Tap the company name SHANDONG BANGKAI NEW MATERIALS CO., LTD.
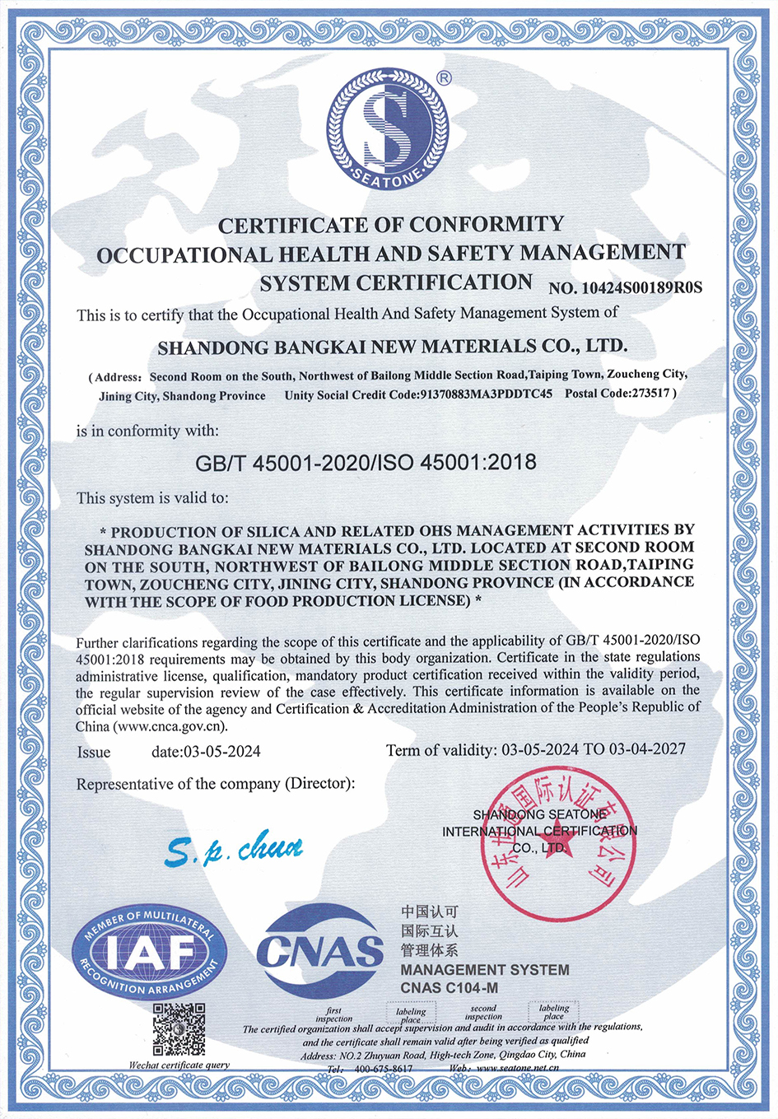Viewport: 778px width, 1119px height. click(x=392, y=346)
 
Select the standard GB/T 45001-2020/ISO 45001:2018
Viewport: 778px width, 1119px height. click(x=366, y=463)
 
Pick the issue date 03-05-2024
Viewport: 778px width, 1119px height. click(x=222, y=751)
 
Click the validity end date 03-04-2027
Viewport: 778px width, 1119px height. click(x=647, y=749)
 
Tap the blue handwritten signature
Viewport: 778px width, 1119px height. click(x=233, y=849)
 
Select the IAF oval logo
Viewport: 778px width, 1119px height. click(x=150, y=952)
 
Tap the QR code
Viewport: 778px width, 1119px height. click(x=179, y=1030)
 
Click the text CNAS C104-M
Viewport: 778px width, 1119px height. click(x=449, y=988)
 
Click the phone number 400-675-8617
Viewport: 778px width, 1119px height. click(x=383, y=1069)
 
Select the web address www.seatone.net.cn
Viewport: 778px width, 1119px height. click(x=518, y=1069)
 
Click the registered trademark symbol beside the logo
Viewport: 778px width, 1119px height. click(x=444, y=78)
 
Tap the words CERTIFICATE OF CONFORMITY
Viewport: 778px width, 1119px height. click(x=391, y=224)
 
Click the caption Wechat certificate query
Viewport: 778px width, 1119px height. click(x=179, y=1065)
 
